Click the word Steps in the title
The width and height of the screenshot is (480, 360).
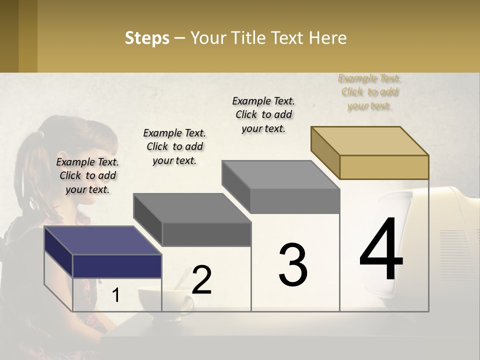tap(146, 38)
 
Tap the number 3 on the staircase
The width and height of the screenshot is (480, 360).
tap(292, 265)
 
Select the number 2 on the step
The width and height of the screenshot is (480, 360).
tap(201, 280)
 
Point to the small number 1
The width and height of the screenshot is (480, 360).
tap(115, 295)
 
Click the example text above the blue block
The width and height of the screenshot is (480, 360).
tap(87, 175)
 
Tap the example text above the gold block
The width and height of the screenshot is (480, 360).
tap(369, 92)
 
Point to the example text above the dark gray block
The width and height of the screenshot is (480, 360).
tap(174, 146)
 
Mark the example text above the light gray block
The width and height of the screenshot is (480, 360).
tap(263, 114)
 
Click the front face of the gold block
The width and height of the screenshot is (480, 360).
tap(384, 167)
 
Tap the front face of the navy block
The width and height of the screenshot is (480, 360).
tap(117, 266)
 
